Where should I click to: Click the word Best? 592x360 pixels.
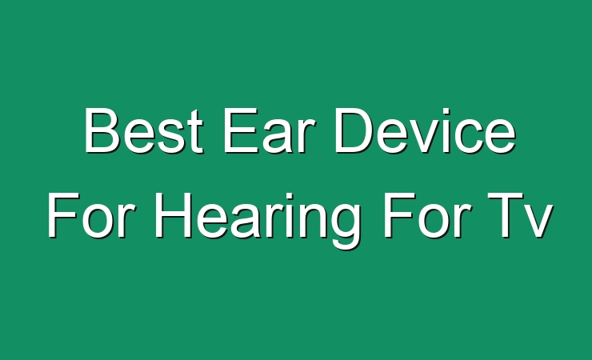coord(143,130)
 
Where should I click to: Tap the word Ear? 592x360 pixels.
coord(269,130)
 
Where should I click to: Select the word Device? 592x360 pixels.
coord(425,130)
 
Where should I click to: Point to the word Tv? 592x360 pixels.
coord(520,215)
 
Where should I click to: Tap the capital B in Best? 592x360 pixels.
coord(102,130)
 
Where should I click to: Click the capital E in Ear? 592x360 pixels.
coord(240,130)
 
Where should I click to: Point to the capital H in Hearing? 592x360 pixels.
coord(173,215)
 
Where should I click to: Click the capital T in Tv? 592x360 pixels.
coord(504,215)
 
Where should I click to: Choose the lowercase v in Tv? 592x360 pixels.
coord(538,221)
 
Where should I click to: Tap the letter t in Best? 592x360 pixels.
coord(196,132)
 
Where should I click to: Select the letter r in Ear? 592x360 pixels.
coord(308,136)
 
